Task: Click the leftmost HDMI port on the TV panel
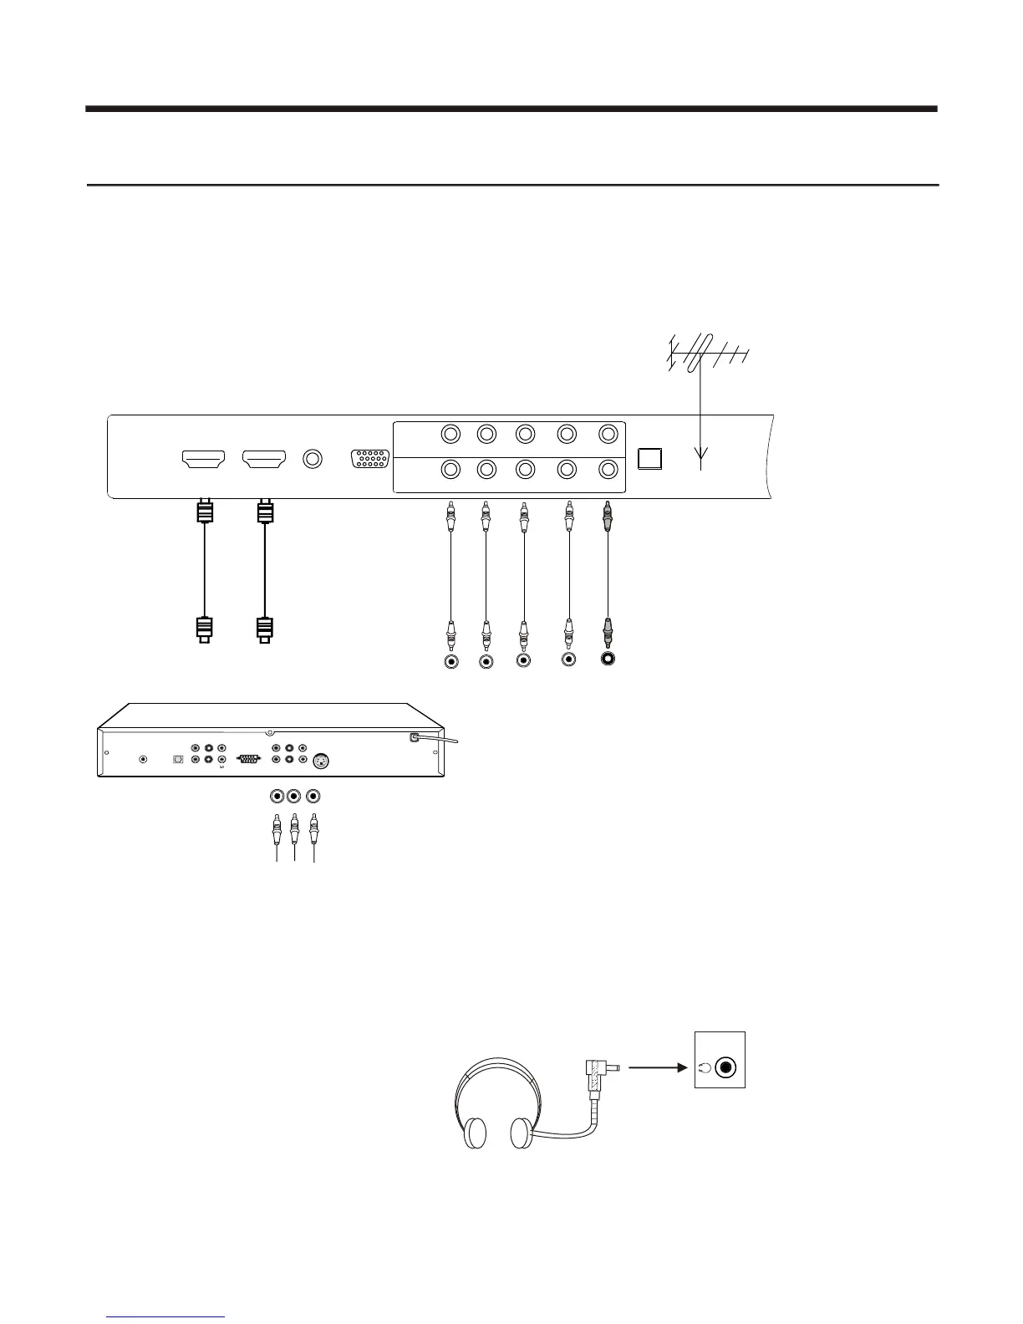[204, 459]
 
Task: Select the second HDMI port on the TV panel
[263, 459]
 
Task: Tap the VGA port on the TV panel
[369, 461]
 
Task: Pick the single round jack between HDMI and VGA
[313, 459]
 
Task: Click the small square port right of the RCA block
[649, 459]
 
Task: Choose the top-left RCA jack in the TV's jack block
[451, 434]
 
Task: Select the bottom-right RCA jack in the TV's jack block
[608, 470]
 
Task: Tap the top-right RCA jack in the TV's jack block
[608, 434]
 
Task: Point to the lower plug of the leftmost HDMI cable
[204, 629]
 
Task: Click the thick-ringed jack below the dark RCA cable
[608, 659]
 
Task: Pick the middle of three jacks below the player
[293, 797]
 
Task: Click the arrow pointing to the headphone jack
[657, 1067]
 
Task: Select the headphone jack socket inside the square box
[727, 1067]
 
